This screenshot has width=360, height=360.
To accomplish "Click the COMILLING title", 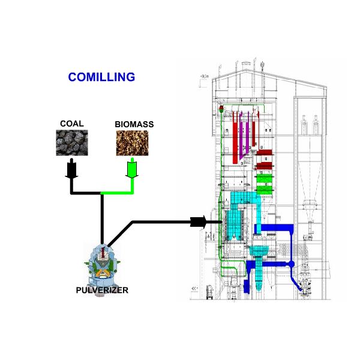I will pyautogui.click(x=101, y=77).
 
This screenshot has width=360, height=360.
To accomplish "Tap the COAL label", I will pyautogui.click(x=71, y=124).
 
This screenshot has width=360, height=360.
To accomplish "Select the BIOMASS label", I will pyautogui.click(x=134, y=125).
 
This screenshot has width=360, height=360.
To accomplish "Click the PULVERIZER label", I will pyautogui.click(x=102, y=291).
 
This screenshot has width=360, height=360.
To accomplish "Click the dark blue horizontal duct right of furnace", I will pyautogui.click(x=275, y=227).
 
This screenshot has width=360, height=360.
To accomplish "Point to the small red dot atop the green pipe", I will pyautogui.click(x=221, y=109).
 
